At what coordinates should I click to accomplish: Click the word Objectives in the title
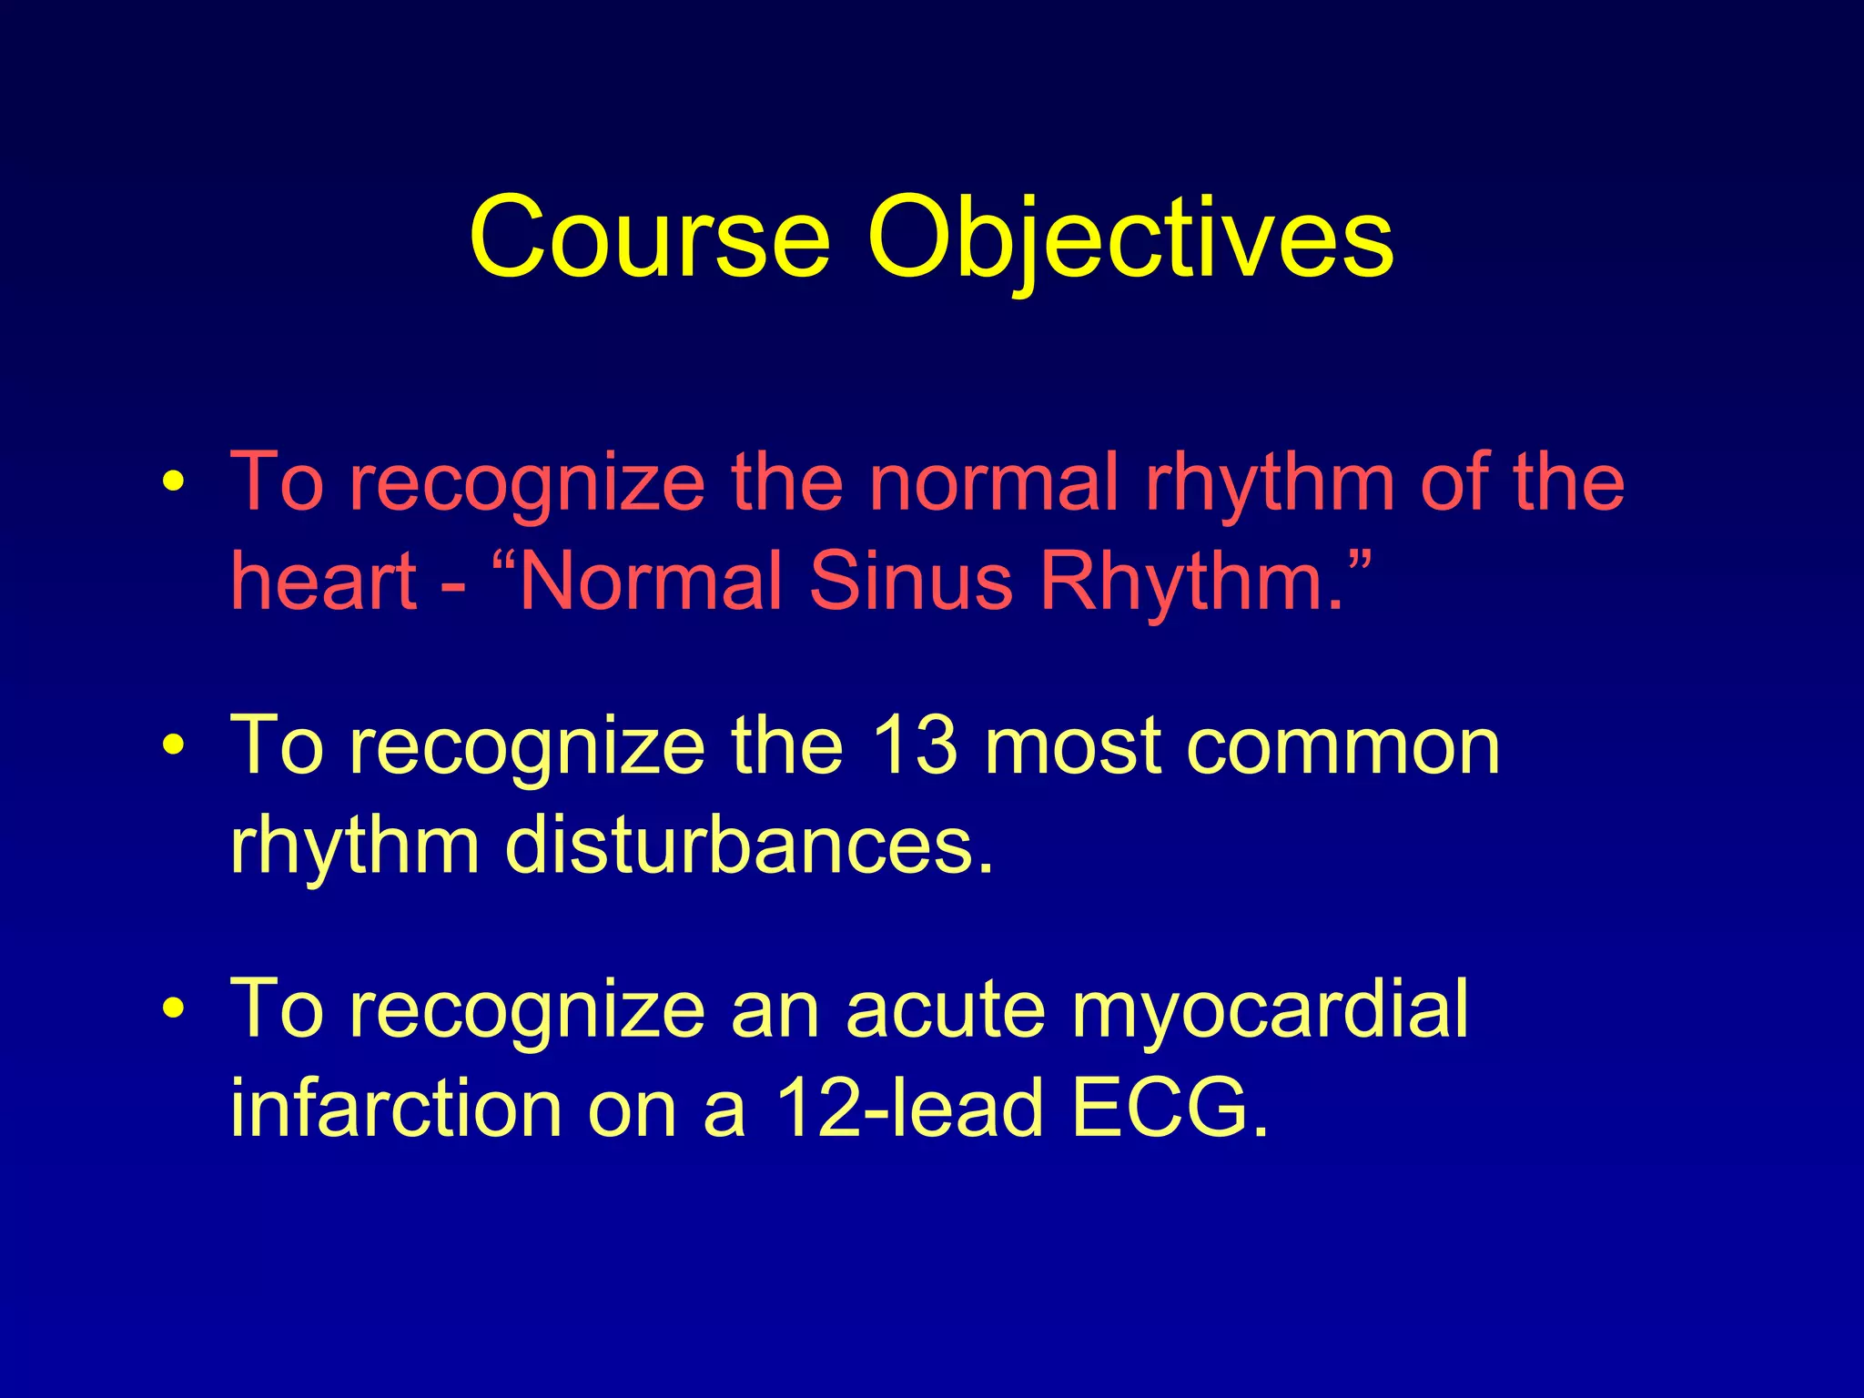(x=1130, y=238)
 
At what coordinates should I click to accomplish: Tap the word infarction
(x=395, y=1108)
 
